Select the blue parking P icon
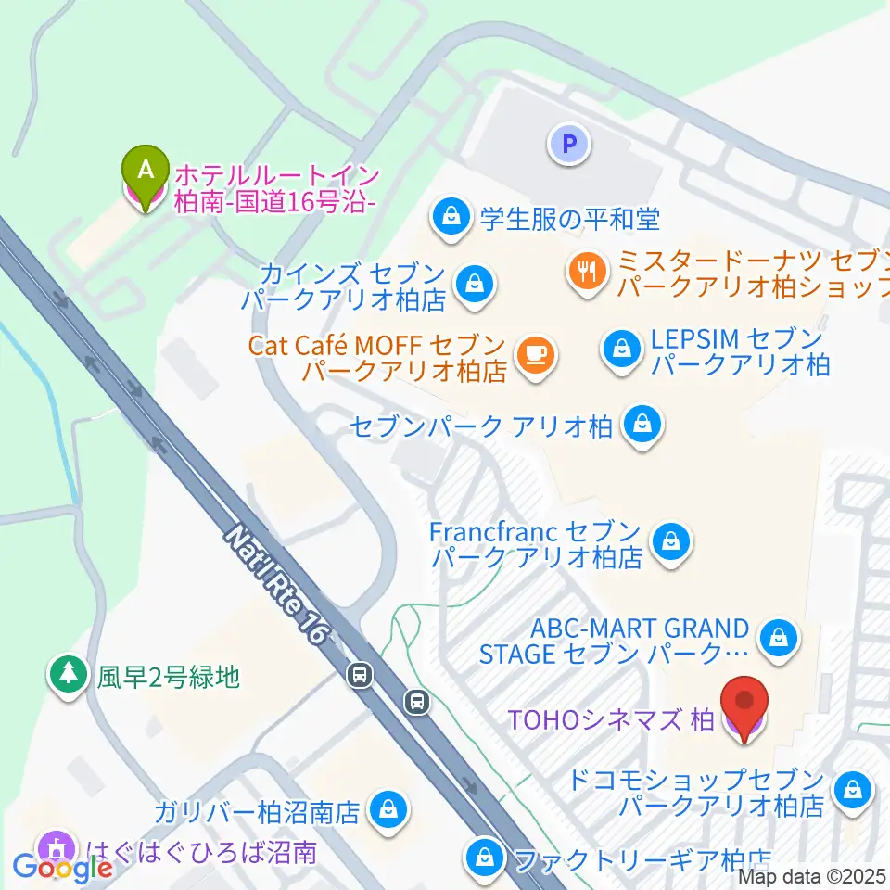coord(569,144)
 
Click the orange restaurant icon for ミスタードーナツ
coord(586,271)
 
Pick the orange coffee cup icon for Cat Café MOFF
coord(535,352)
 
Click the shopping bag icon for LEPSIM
coord(617,349)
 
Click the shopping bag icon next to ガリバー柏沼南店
coord(386,810)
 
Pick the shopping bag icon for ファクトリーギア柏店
coord(484,857)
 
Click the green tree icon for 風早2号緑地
coord(69,674)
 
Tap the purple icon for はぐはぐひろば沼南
coord(58,847)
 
